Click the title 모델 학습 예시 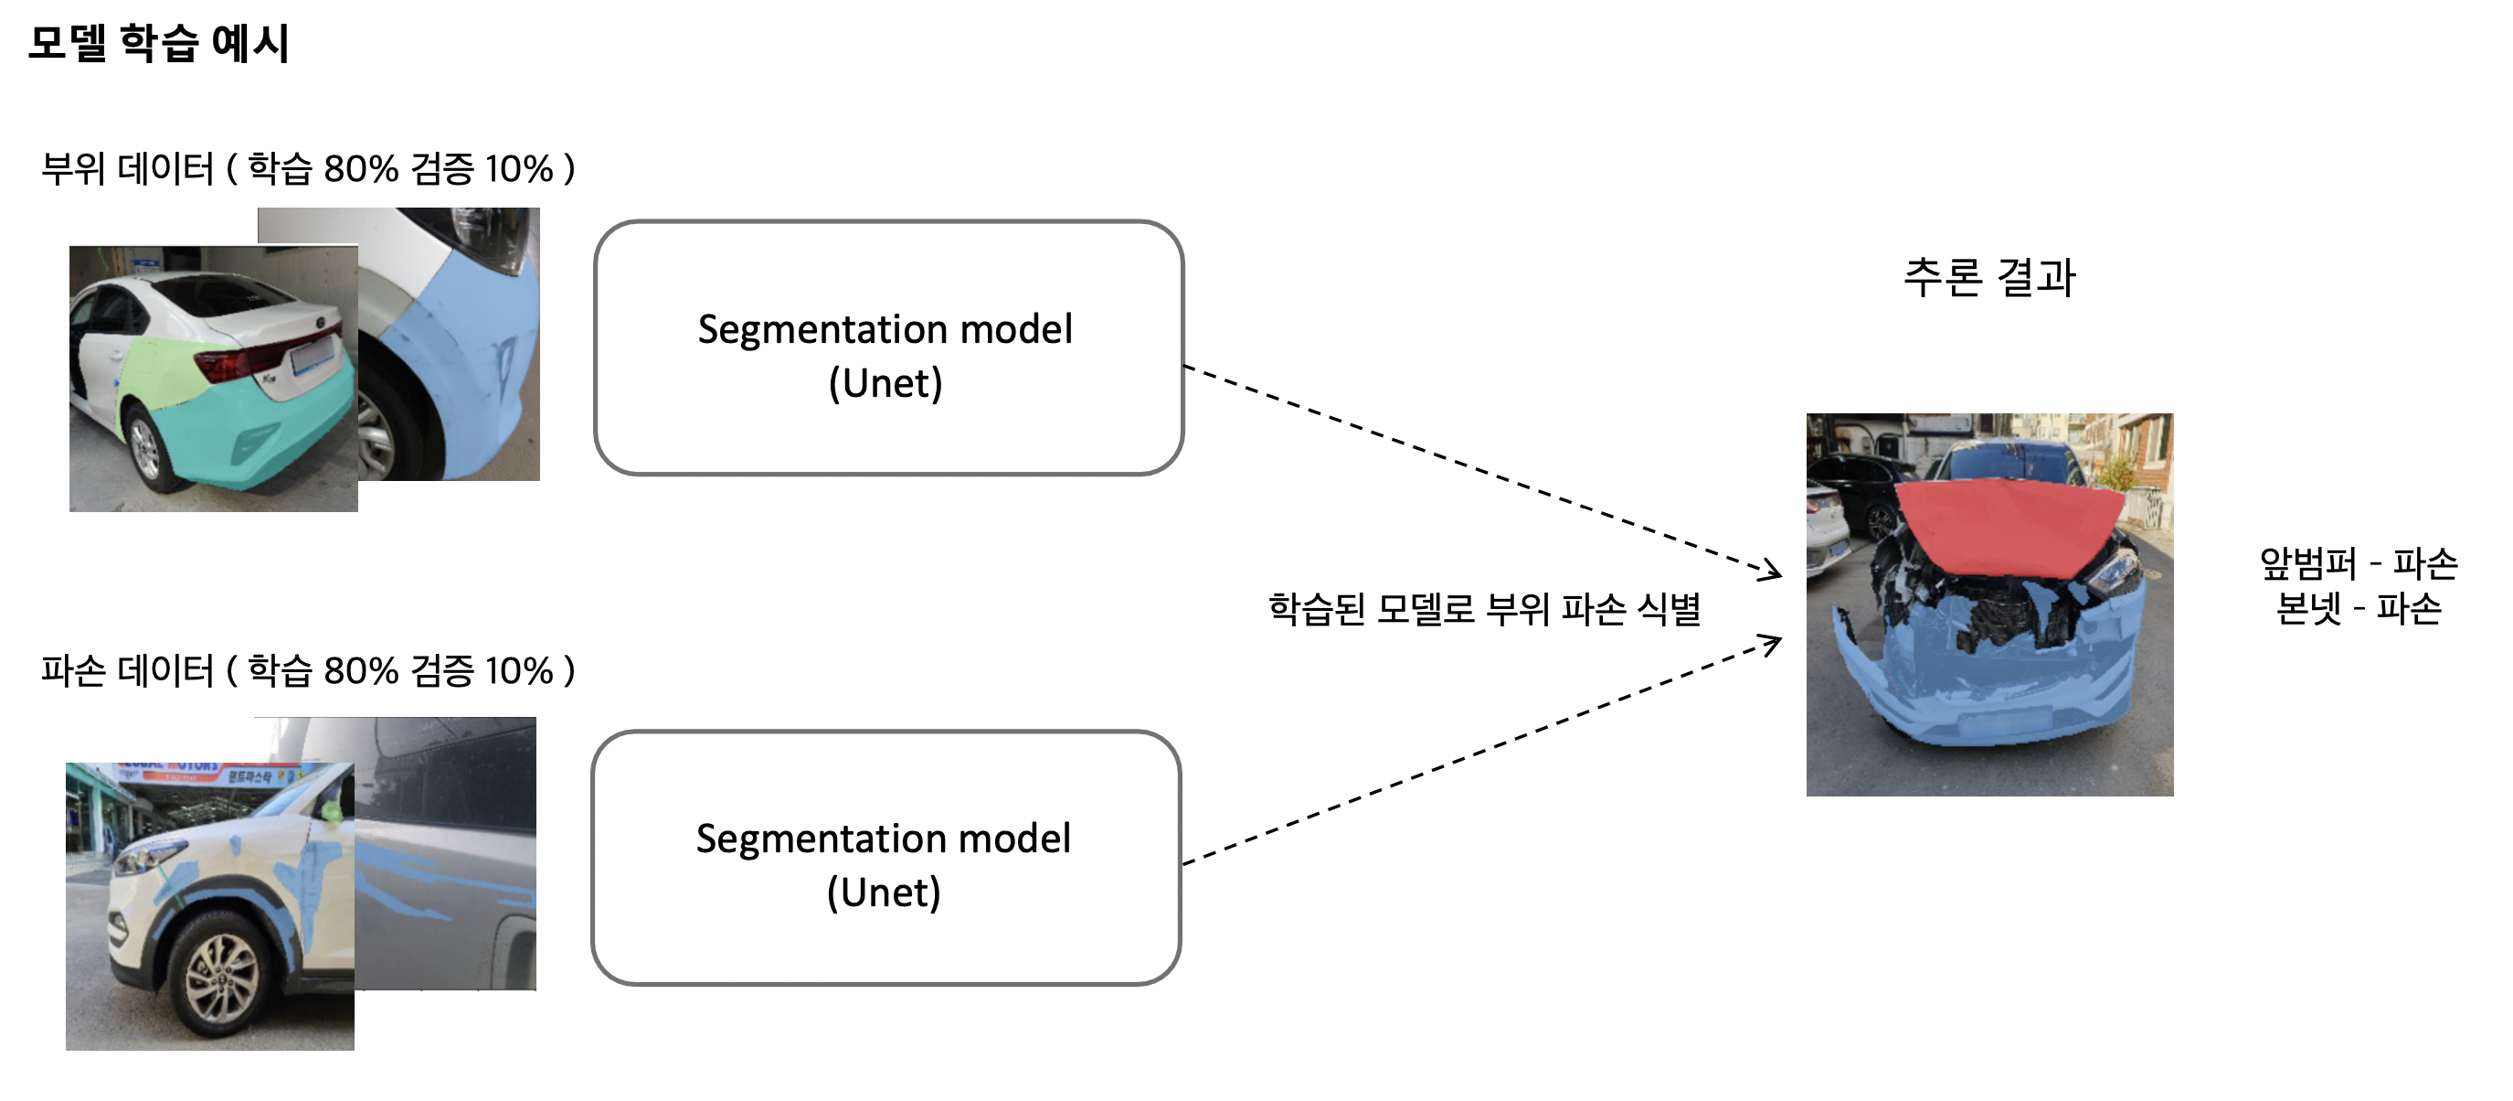(158, 44)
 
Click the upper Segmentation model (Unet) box (887, 348)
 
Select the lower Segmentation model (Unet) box (885, 858)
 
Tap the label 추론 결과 (1989, 277)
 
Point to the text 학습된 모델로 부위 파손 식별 (1484, 609)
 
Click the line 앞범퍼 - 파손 (2358, 562)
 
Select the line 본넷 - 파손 (2358, 608)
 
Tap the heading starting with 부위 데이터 (307, 169)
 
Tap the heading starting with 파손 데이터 (307, 670)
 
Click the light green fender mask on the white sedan (165, 371)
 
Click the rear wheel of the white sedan (145, 450)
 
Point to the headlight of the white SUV (146, 859)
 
